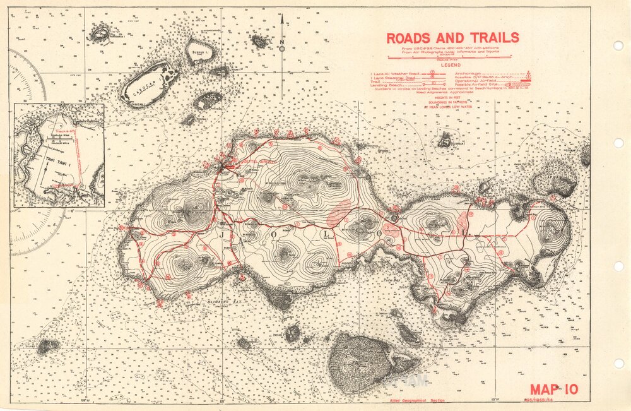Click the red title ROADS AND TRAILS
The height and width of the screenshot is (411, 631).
click(x=453, y=37)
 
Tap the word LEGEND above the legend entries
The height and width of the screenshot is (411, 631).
click(x=450, y=65)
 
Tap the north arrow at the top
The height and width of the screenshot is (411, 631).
click(x=282, y=32)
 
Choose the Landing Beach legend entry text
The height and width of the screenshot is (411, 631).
click(x=386, y=85)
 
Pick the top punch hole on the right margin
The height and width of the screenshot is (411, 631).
click(x=618, y=45)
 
